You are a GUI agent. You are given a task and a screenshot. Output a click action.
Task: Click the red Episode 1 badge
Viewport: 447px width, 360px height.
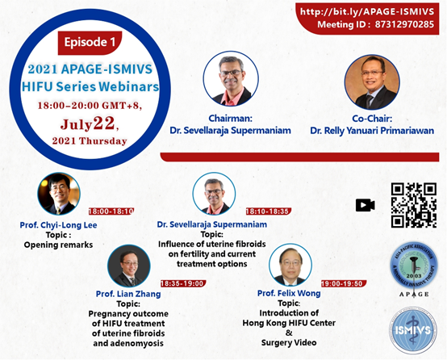(x=90, y=43)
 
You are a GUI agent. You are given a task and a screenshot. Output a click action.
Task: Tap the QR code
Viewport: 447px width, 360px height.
(x=414, y=205)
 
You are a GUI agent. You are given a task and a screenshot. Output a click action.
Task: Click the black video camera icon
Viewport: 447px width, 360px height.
(x=366, y=205)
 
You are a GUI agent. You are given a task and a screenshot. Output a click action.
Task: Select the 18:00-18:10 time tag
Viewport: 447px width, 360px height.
(x=111, y=211)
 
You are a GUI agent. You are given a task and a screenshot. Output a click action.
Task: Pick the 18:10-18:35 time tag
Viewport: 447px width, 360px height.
(x=268, y=211)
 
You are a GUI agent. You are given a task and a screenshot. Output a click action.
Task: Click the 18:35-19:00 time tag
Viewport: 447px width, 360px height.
(x=183, y=283)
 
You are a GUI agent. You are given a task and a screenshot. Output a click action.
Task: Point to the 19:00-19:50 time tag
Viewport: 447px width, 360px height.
(x=344, y=283)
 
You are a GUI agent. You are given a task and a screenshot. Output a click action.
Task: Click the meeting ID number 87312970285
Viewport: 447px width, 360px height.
(x=404, y=24)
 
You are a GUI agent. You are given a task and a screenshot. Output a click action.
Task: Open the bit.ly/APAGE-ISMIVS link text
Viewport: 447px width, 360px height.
(x=367, y=11)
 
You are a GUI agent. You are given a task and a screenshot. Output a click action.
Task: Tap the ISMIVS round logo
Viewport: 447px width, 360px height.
(x=413, y=330)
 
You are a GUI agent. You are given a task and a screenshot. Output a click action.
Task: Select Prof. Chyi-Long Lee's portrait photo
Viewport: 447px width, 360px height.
(x=59, y=194)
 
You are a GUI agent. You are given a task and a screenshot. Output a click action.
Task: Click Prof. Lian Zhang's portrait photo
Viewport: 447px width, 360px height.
(x=129, y=266)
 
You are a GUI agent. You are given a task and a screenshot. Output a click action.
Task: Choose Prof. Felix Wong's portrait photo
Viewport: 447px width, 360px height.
(x=290, y=265)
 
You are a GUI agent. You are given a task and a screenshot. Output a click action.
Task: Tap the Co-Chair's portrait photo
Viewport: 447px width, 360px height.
(x=372, y=82)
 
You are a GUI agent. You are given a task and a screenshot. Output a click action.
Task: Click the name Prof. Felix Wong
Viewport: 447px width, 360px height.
(x=289, y=293)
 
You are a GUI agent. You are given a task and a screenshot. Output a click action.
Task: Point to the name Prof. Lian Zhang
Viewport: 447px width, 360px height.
(x=128, y=294)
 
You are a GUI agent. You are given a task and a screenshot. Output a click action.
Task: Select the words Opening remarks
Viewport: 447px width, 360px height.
(x=58, y=245)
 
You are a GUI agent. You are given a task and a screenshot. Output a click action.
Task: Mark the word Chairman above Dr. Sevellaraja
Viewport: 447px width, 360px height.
(x=229, y=118)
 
